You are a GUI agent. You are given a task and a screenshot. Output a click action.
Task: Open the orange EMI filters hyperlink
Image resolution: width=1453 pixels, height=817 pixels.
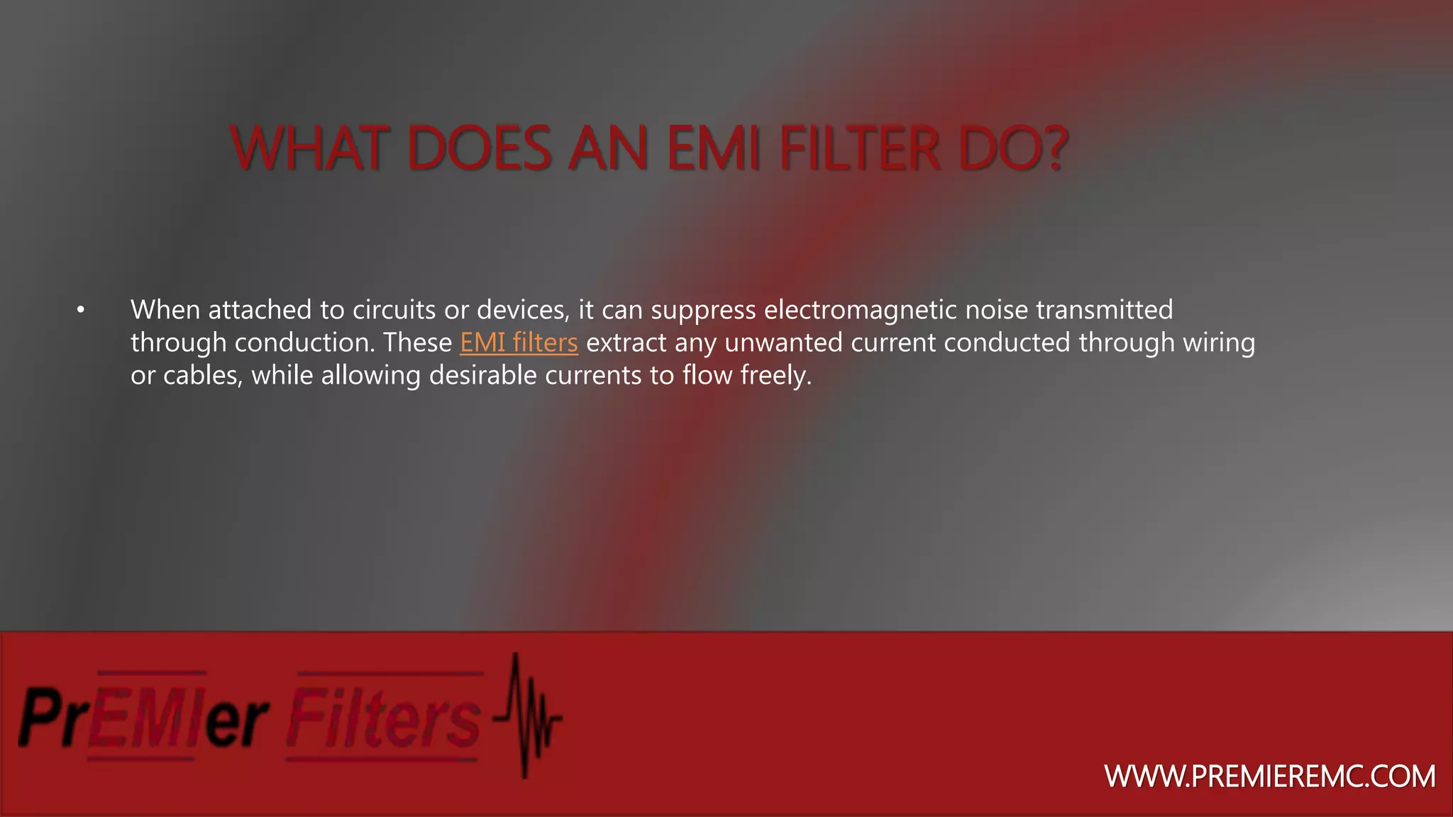coord(519,343)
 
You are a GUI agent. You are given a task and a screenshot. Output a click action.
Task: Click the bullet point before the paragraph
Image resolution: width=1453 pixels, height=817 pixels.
coord(81,310)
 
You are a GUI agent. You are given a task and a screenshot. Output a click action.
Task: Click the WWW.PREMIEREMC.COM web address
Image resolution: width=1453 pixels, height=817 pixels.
coord(1270,777)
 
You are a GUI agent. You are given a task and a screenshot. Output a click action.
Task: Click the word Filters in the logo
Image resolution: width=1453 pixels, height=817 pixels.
coord(384,718)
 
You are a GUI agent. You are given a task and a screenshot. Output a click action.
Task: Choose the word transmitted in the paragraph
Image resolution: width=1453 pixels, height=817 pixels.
coord(1104,310)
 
